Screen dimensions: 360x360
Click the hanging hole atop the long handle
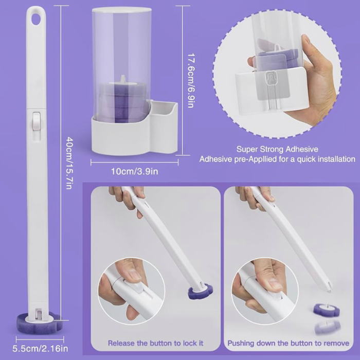pos(36,20)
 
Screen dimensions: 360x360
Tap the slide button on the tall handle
pos(36,121)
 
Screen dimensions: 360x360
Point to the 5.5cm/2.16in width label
pos(40,349)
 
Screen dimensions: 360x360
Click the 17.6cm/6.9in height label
pos(191,80)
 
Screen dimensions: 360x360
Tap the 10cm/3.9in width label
pos(135,171)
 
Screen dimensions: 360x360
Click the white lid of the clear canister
pos(122,10)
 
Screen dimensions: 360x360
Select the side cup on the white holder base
pos(164,110)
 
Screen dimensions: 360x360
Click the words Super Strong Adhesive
pos(277,149)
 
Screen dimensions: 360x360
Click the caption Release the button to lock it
pos(156,343)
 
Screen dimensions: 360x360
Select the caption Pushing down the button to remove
pos(289,343)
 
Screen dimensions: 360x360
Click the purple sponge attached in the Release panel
pos(200,292)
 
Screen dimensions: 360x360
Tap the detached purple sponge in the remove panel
pos(327,310)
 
